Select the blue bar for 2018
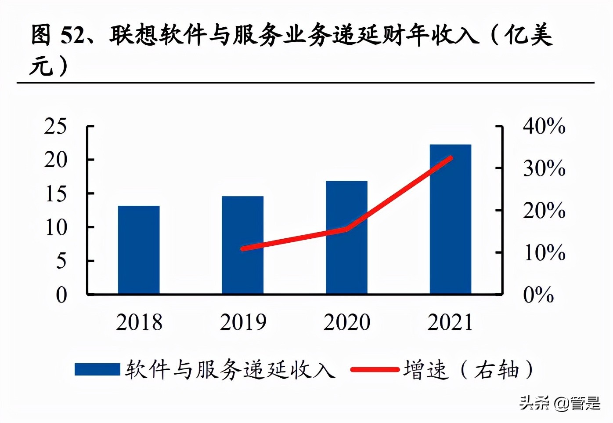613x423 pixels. [139, 249]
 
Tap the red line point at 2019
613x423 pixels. [243, 248]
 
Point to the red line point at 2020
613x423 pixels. [347, 229]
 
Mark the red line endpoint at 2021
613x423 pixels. [450, 158]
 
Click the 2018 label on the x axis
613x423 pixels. [139, 322]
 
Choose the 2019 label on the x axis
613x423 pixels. [243, 322]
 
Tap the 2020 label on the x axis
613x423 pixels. [347, 322]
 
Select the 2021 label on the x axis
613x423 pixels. [450, 322]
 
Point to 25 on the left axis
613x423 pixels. [56, 127]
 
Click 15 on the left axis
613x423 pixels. [56, 194]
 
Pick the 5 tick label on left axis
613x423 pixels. [61, 261]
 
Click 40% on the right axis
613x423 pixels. [544, 126]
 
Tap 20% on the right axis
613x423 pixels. [544, 211]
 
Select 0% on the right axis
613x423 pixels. [538, 295]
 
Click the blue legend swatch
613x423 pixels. [97, 369]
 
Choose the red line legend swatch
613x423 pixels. [375, 370]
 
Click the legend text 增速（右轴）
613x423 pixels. [468, 370]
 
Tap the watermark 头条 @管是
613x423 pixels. [559, 403]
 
